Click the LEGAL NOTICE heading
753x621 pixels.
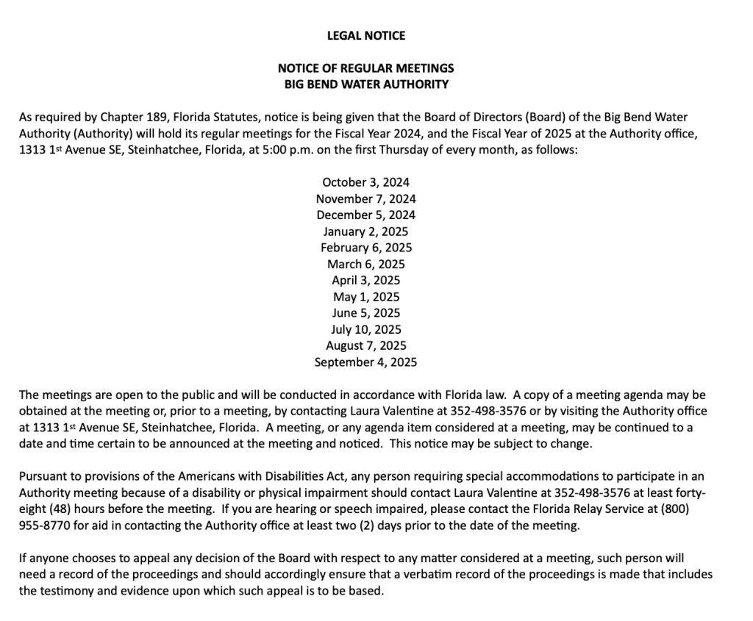pyautogui.click(x=365, y=35)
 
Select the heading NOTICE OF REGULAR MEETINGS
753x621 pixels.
pyautogui.click(x=365, y=68)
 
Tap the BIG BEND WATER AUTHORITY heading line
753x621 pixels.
pyautogui.click(x=365, y=84)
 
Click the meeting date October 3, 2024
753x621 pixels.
pyautogui.click(x=365, y=182)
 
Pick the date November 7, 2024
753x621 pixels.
pyautogui.click(x=365, y=198)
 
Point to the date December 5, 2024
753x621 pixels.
pyautogui.click(x=365, y=215)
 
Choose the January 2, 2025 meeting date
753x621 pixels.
pyautogui.click(x=365, y=231)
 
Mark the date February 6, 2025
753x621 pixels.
pyautogui.click(x=365, y=247)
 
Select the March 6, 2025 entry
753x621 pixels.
pyautogui.click(x=365, y=264)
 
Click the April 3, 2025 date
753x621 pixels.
pyautogui.click(x=365, y=280)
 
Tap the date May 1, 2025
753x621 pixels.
pyautogui.click(x=365, y=296)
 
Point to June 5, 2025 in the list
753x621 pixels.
pyautogui.click(x=365, y=312)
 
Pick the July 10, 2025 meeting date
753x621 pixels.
pyautogui.click(x=365, y=329)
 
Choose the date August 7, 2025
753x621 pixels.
pyautogui.click(x=365, y=345)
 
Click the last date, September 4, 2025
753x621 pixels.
pyautogui.click(x=365, y=362)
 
